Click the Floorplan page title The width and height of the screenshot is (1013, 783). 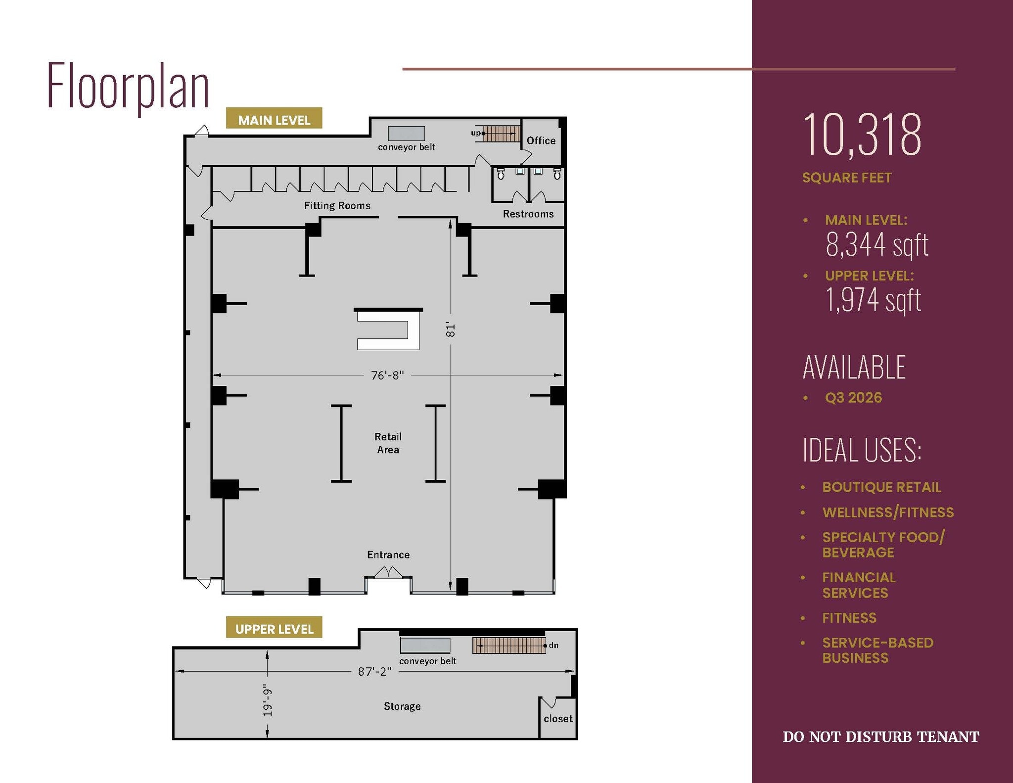(128, 86)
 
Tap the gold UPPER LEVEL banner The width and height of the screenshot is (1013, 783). (274, 628)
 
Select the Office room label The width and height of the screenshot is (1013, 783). (541, 140)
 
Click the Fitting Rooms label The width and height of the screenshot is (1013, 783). (337, 206)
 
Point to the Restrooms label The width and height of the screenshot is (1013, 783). (528, 214)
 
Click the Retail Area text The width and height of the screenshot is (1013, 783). (388, 443)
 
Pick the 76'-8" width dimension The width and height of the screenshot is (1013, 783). (387, 375)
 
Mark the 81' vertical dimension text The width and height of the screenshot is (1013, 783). (450, 330)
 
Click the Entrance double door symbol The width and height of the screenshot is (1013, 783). (388, 573)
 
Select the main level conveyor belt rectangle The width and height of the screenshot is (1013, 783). (406, 133)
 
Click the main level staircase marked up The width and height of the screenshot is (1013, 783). (501, 134)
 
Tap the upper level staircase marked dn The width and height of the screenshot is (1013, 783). (508, 645)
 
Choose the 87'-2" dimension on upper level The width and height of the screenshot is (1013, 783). (374, 671)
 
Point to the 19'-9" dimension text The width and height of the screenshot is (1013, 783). (268, 700)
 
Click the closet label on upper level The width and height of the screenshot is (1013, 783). (557, 719)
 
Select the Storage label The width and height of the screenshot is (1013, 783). (402, 706)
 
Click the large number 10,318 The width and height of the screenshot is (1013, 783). (862, 135)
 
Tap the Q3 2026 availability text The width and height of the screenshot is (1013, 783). (853, 398)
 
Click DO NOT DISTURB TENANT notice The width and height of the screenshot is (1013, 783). (880, 737)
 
